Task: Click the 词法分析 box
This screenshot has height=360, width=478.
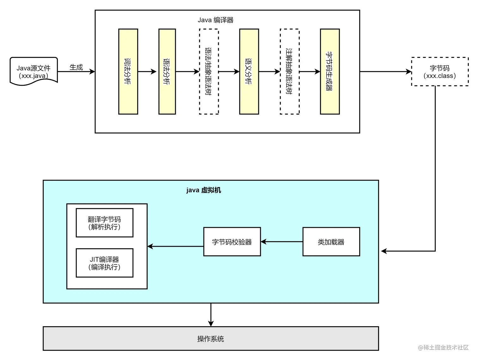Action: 128,71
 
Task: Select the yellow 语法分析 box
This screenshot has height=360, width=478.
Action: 167,71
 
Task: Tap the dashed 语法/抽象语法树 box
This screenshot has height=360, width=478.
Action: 209,71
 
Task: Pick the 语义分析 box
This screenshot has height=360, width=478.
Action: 249,71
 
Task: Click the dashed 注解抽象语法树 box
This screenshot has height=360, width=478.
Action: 290,71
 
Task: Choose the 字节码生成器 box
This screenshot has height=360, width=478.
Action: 330,71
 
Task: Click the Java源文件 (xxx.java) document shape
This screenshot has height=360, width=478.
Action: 34,71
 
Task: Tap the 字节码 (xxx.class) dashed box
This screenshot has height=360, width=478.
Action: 439,72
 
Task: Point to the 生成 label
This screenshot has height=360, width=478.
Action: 76,67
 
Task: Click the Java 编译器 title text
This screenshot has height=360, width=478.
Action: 216,20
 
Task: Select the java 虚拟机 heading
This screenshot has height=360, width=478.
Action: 204,190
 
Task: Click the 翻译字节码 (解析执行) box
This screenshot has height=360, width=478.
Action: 104,223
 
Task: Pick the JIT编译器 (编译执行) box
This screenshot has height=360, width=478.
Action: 104,263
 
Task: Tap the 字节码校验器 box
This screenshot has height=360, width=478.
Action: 232,242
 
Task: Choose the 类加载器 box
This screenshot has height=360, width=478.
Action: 331,242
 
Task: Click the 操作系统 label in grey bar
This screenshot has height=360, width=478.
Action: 211,339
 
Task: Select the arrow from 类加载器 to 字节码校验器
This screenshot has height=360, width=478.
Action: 281,242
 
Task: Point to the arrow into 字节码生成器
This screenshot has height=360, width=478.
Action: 310,71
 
